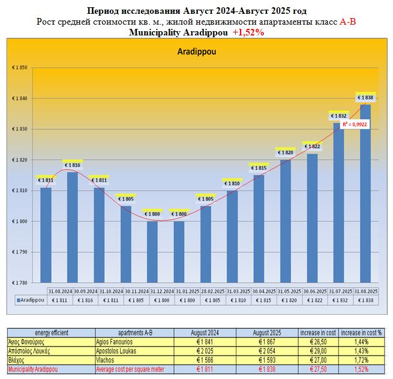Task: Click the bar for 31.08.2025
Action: point(365,192)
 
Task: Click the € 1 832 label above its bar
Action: point(338,116)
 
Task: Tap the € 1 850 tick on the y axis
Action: point(21,67)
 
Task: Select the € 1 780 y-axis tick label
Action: point(21,282)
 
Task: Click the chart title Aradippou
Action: point(197,52)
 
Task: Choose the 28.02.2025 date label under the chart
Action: point(205,291)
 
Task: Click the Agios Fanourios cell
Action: point(132,341)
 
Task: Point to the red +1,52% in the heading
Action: point(248,32)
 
